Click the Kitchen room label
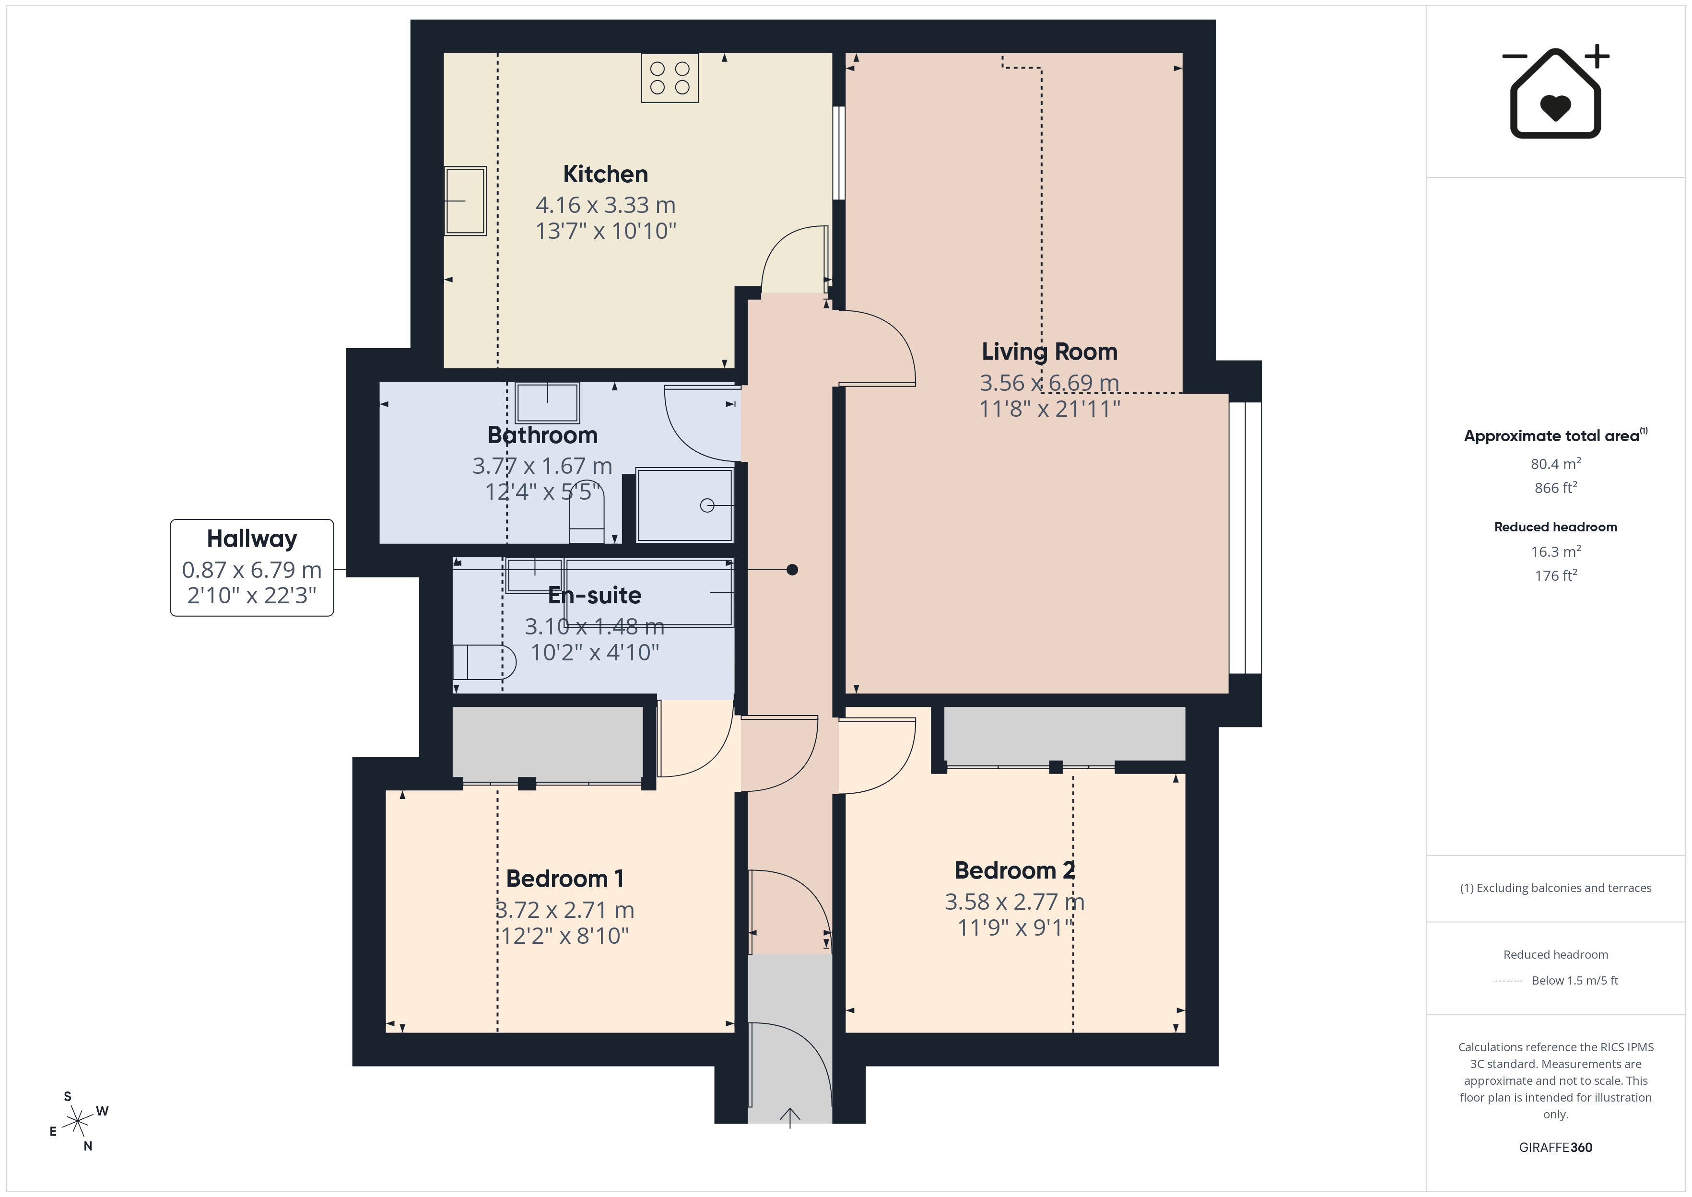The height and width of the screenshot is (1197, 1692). [x=605, y=174]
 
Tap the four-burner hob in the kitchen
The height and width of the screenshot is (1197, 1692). [x=669, y=77]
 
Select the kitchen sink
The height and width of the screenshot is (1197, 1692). [x=465, y=200]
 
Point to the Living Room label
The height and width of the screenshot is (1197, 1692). [x=1049, y=352]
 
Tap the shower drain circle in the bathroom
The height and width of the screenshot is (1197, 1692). [x=707, y=505]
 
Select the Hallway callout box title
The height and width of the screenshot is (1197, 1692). [x=252, y=539]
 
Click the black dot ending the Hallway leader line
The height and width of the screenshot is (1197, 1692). [x=792, y=570]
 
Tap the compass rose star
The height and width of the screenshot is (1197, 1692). [x=77, y=1122]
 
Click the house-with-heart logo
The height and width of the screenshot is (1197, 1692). [x=1556, y=92]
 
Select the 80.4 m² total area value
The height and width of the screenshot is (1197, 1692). [x=1556, y=464]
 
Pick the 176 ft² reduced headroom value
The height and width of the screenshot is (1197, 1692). [x=1556, y=575]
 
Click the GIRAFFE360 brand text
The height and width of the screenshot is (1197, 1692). [x=1556, y=1148]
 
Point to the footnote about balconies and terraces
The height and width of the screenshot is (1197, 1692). [x=1556, y=888]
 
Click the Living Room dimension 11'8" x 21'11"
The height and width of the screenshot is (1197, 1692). [x=1049, y=408]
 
